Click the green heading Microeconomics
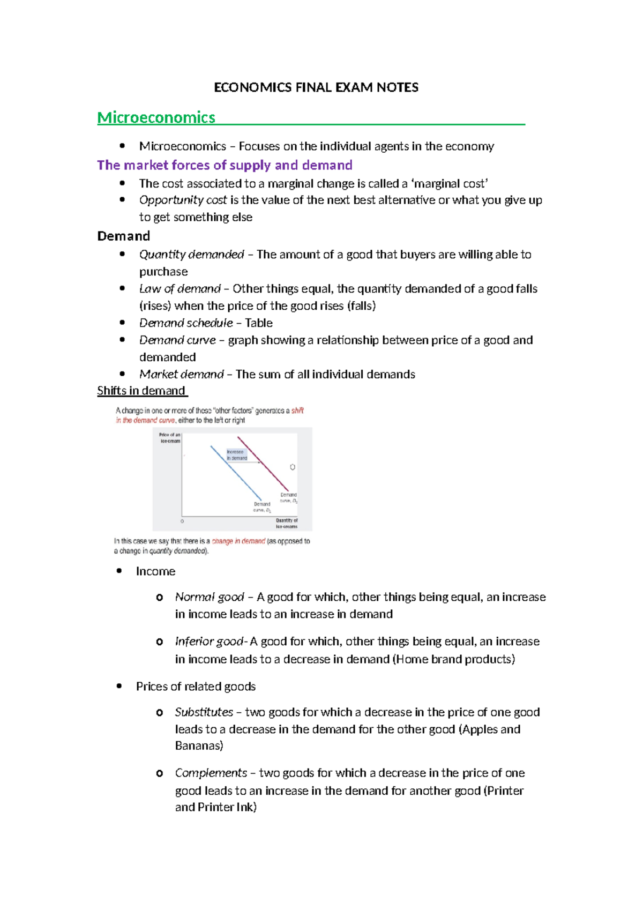(x=156, y=117)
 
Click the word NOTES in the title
(x=397, y=87)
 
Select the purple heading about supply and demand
(x=225, y=165)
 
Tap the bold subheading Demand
(x=123, y=236)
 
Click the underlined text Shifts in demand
(x=141, y=391)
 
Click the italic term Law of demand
(x=180, y=289)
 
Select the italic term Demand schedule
(x=185, y=323)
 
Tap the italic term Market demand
(x=181, y=374)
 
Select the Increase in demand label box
(x=236, y=455)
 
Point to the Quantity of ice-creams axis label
(x=286, y=523)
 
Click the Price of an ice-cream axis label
(x=170, y=438)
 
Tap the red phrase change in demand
(x=238, y=541)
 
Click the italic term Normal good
(x=209, y=597)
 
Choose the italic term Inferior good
(x=210, y=642)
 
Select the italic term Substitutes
(x=204, y=712)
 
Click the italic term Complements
(x=211, y=773)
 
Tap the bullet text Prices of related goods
(x=196, y=687)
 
